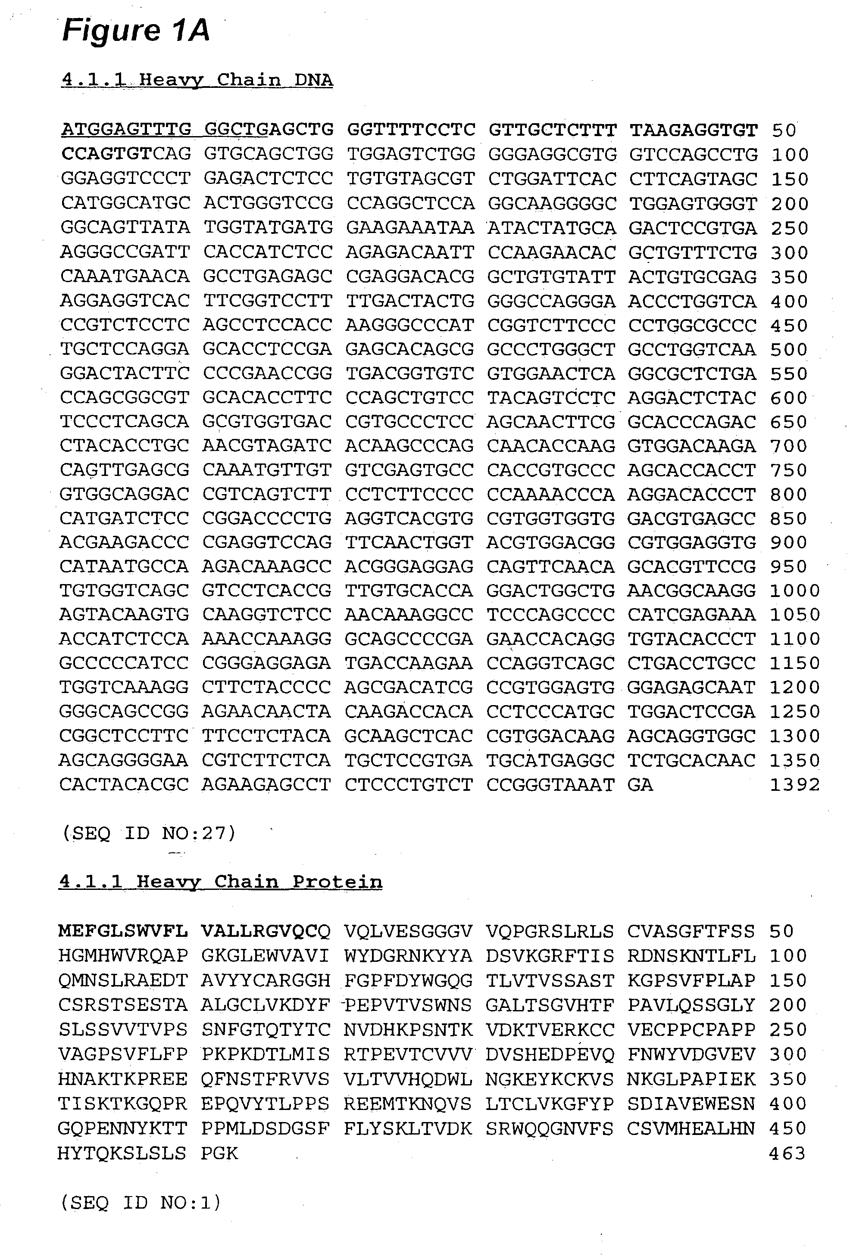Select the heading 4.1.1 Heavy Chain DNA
point(197,80)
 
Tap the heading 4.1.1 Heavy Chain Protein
point(220,882)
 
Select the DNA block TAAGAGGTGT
point(693,130)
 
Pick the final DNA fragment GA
point(640,784)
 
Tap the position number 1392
point(794,784)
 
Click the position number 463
point(787,1153)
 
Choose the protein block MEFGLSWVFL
point(123,931)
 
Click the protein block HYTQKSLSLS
point(122,1153)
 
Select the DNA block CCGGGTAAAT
point(550,784)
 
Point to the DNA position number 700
point(790,446)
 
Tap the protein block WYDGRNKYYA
point(408,956)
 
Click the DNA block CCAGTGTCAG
point(126,154)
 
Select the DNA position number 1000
point(794,591)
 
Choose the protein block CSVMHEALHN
point(691,1129)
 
